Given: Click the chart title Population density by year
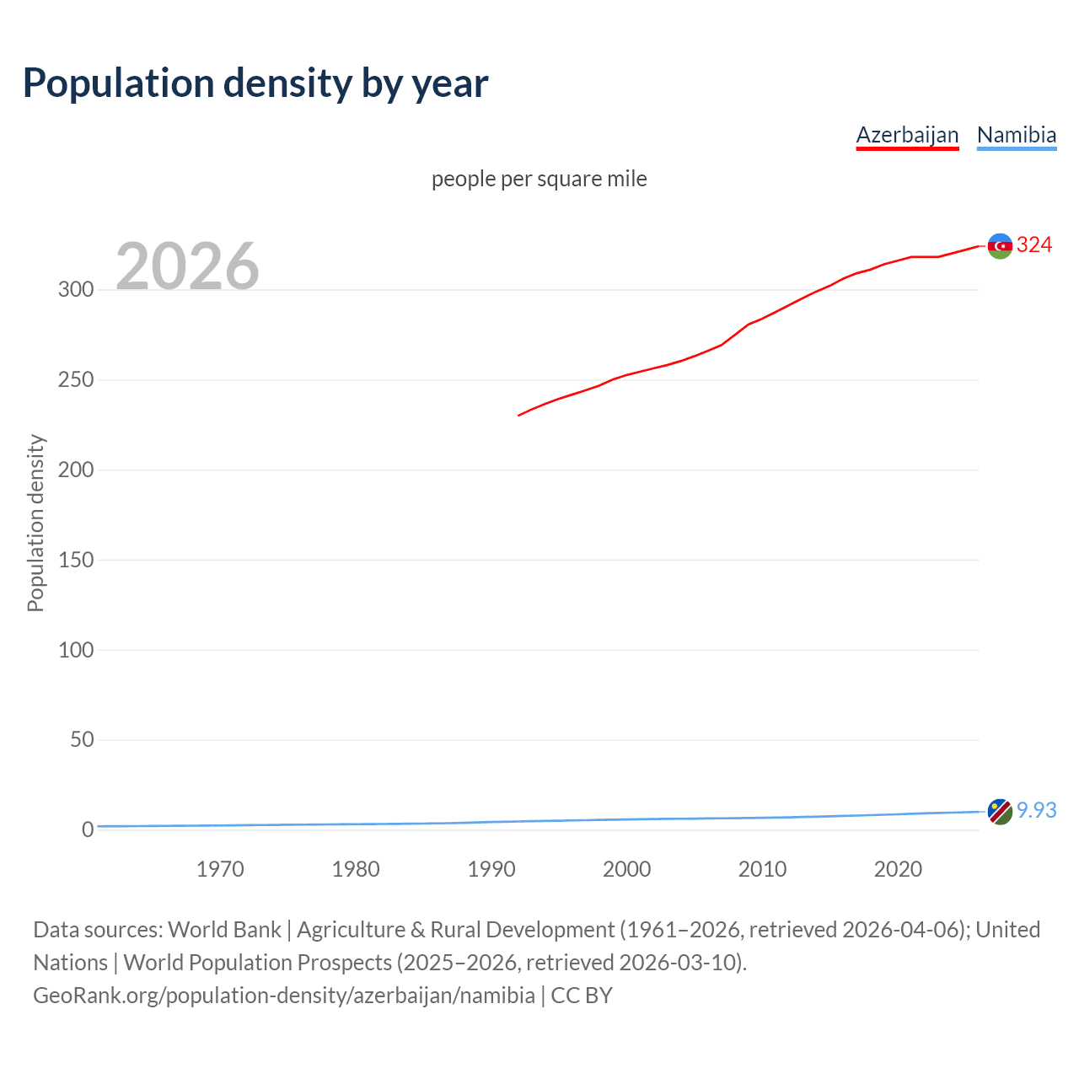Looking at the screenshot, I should tap(255, 83).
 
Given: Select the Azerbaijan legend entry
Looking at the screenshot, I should tap(907, 135).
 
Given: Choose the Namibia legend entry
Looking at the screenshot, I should tap(1016, 135).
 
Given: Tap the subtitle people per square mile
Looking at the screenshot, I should tap(539, 179).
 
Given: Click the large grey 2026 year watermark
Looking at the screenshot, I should tap(187, 266).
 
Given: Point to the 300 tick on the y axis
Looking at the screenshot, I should tap(76, 289).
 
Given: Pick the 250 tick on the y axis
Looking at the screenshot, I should tap(76, 379).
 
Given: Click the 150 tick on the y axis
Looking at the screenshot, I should tap(76, 560).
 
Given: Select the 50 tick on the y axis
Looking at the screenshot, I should tap(82, 739).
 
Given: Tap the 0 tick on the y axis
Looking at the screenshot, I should tap(88, 829).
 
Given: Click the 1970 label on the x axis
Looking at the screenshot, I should tap(220, 869).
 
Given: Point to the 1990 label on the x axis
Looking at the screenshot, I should tap(491, 869).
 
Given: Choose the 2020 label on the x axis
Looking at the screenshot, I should tap(898, 869).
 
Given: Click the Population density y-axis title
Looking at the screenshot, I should tap(35, 523).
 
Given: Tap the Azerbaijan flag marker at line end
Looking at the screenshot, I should tap(1000, 246).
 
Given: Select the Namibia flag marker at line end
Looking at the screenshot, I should tap(1000, 812).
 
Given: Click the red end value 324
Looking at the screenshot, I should tap(1034, 245).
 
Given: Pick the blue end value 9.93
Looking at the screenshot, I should tap(1036, 810).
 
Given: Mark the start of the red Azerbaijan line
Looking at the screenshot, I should tap(519, 415).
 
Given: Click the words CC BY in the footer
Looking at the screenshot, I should tap(582, 996).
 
